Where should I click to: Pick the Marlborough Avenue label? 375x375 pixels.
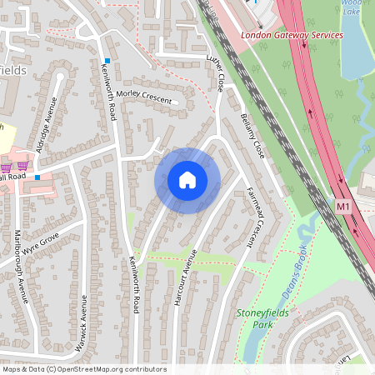point(22,266)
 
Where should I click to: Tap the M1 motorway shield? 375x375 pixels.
point(342,205)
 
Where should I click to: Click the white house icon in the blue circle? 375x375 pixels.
point(187,180)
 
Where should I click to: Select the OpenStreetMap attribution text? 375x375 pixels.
point(84,369)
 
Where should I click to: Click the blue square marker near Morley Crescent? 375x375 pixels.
point(107,61)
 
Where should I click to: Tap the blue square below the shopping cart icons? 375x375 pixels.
point(37,177)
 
